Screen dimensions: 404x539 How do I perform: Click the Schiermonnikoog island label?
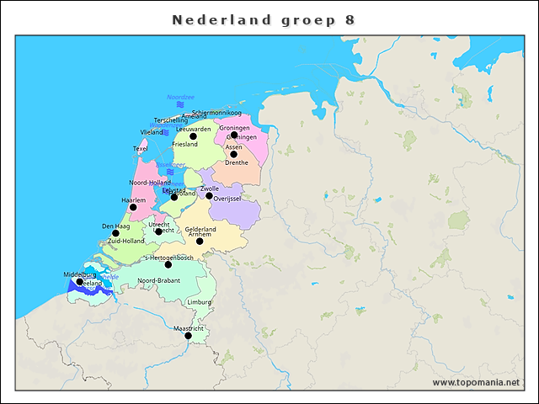[x=216, y=113]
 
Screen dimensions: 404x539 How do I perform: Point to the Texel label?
[x=141, y=149]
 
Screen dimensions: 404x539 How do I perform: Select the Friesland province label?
[x=184, y=145]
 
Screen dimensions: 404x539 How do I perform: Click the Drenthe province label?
[x=237, y=162]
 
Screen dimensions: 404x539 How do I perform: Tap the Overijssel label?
[x=228, y=199]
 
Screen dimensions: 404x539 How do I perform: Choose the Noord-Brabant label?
[x=159, y=280]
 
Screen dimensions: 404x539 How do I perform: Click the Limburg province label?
[x=200, y=301]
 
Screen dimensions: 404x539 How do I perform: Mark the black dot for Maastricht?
[x=189, y=336]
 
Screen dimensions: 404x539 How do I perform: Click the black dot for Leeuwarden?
[x=193, y=136]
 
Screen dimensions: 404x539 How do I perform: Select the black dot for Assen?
[x=233, y=154]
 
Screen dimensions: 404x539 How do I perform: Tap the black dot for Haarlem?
[x=132, y=207]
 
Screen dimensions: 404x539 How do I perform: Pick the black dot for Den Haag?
[x=115, y=233]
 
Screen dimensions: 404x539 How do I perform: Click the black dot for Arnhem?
[x=200, y=242]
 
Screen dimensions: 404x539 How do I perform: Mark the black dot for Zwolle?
[x=210, y=196]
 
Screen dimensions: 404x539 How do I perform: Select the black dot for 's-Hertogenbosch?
[x=168, y=265]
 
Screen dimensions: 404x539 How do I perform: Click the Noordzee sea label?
[x=180, y=98]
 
